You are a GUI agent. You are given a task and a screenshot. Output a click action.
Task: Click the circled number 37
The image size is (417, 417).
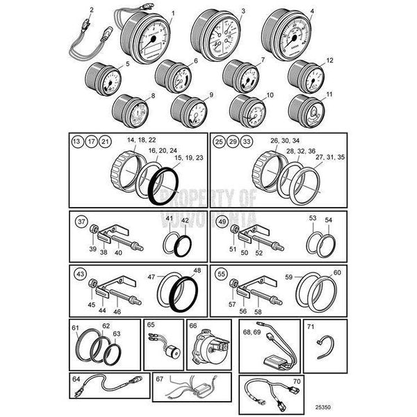tap(81, 222)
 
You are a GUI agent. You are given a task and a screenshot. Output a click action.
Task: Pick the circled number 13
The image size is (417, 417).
tap(77, 142)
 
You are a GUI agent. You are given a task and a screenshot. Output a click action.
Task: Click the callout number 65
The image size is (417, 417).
tap(151, 325)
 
